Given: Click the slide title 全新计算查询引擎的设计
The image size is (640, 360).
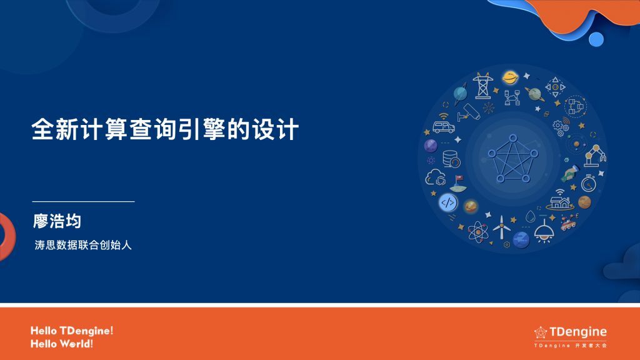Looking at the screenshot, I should click(x=166, y=130).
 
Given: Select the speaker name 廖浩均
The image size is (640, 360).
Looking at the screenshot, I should click(x=57, y=221).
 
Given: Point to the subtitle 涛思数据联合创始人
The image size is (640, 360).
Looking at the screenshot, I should click(x=83, y=246).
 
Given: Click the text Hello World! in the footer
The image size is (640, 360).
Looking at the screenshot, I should click(x=62, y=344).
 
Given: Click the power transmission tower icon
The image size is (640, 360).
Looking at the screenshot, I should click(x=482, y=86).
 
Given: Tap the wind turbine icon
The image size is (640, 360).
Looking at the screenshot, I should click(x=501, y=227).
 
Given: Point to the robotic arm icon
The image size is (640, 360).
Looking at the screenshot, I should click(x=594, y=155).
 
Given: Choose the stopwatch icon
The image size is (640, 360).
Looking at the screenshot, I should click(x=588, y=184).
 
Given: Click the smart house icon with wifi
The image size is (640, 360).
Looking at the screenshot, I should click(x=561, y=200).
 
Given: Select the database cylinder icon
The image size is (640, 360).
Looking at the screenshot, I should click(x=451, y=159).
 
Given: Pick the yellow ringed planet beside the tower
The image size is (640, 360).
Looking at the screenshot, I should click(x=510, y=77).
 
